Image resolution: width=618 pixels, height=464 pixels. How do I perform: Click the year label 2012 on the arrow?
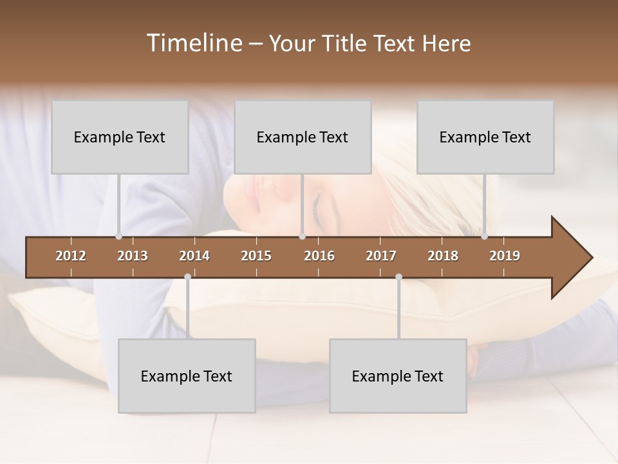71,256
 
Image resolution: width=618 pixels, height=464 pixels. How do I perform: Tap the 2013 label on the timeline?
133,256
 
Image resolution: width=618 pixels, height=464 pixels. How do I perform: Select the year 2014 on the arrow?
194,256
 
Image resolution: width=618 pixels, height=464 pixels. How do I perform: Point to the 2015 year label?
256,256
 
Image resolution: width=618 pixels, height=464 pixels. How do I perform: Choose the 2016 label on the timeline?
319,256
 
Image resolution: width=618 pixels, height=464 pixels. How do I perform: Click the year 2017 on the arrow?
381,256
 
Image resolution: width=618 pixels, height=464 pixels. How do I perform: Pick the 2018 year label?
443,256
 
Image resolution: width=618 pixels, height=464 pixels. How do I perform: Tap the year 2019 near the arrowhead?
505,256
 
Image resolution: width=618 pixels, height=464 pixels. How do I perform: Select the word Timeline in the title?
192,43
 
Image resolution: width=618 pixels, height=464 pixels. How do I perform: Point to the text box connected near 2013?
120,137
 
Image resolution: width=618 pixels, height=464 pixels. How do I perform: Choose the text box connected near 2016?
303,137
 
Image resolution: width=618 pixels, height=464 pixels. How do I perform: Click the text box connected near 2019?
485,137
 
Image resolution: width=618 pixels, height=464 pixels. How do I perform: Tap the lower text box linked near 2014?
187,376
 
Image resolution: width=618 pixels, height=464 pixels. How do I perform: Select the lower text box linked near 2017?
398,376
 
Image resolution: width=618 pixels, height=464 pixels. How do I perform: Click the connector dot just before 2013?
118,237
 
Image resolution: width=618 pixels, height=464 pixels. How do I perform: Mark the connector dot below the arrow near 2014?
187,277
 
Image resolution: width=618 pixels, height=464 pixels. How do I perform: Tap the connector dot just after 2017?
398,277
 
